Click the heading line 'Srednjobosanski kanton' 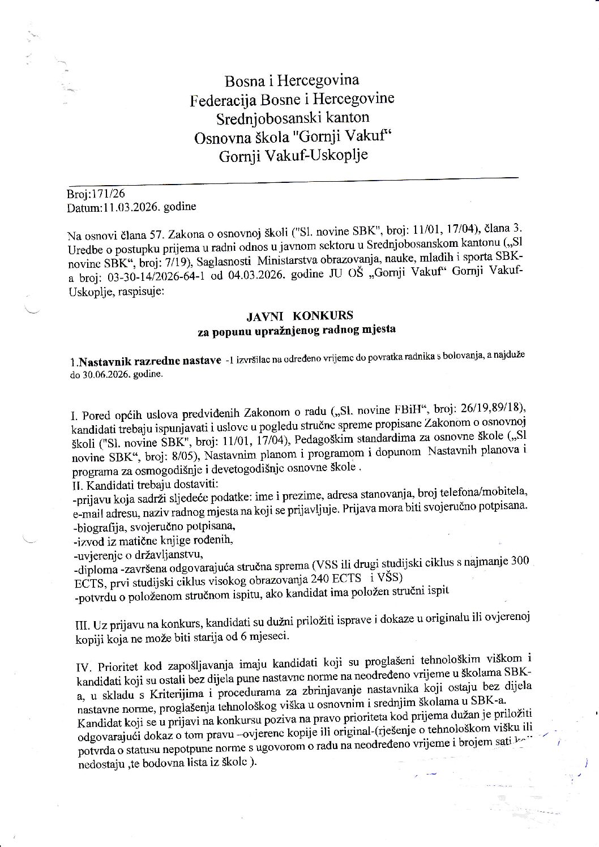pos(292,118)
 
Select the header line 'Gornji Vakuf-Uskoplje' pos(293,155)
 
